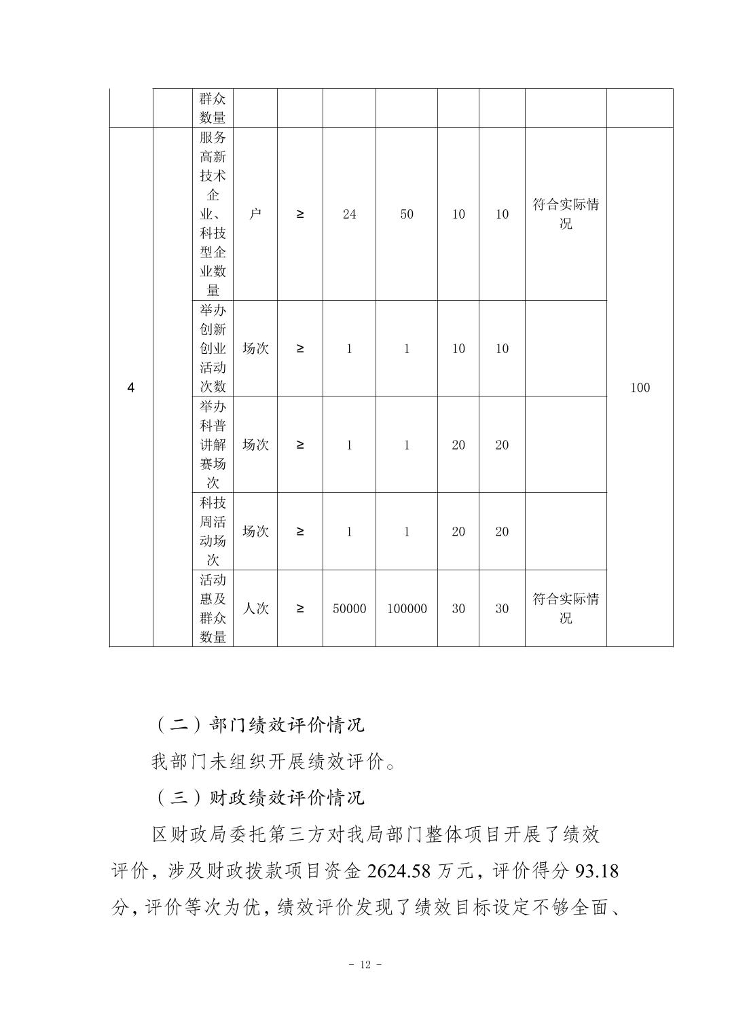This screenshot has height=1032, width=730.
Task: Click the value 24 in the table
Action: [x=349, y=215]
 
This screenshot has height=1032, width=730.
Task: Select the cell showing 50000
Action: [x=349, y=609]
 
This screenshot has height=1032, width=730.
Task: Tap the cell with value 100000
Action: [x=407, y=609]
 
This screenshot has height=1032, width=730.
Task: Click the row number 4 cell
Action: [x=131, y=388]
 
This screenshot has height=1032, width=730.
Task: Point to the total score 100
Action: [x=640, y=388]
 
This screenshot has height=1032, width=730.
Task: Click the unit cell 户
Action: [x=255, y=215]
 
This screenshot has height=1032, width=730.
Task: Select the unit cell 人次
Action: [x=255, y=609]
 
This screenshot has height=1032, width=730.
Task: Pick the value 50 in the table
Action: [x=407, y=215]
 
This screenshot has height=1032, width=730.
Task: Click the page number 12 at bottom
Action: [x=365, y=965]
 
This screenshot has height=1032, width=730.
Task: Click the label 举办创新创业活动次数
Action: [x=213, y=348]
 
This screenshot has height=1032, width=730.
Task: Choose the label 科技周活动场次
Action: [x=213, y=532]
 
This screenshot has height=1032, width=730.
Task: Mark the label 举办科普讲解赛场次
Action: [x=213, y=445]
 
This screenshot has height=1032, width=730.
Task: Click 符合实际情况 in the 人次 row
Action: [x=566, y=609]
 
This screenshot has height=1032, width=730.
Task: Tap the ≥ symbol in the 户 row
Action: [x=300, y=215]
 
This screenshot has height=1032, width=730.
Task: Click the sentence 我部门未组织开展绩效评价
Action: [x=273, y=762]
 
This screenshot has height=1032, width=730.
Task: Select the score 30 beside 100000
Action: [x=458, y=609]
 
